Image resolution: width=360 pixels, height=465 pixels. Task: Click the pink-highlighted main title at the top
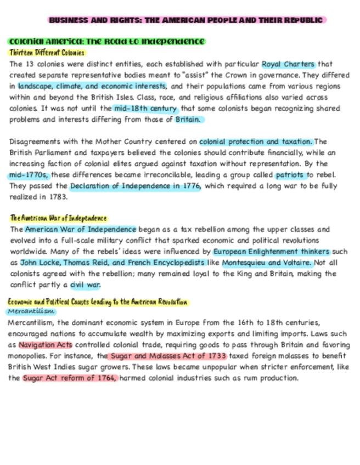click(x=186, y=20)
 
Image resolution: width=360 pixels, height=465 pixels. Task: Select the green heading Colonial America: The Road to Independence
click(x=106, y=42)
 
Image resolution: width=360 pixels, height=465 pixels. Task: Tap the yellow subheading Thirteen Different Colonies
click(x=47, y=53)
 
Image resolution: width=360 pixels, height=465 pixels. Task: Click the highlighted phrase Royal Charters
click(x=288, y=64)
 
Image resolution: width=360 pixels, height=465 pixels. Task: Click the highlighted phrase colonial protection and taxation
click(x=255, y=141)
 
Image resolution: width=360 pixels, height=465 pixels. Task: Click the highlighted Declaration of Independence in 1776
click(x=135, y=186)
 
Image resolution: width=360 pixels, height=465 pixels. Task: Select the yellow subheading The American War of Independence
click(x=58, y=219)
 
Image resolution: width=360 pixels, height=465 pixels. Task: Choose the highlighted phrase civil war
click(x=86, y=285)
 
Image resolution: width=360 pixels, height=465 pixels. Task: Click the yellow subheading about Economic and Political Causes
click(x=98, y=302)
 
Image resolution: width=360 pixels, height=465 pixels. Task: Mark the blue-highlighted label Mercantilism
click(x=32, y=311)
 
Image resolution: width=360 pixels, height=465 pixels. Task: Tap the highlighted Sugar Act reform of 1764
click(x=70, y=378)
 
